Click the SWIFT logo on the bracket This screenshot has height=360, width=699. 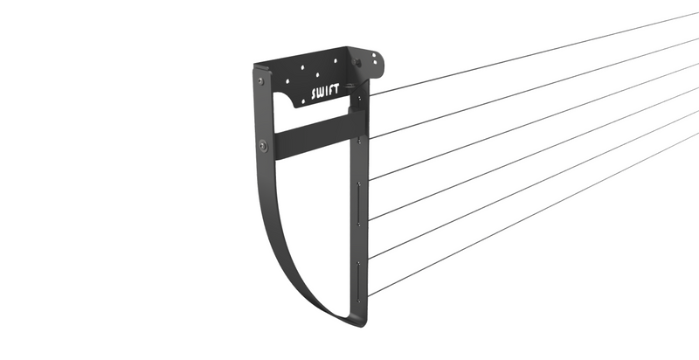tap(328, 93)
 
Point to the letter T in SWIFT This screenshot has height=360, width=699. tap(340, 90)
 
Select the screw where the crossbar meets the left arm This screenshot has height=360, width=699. tap(262, 145)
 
